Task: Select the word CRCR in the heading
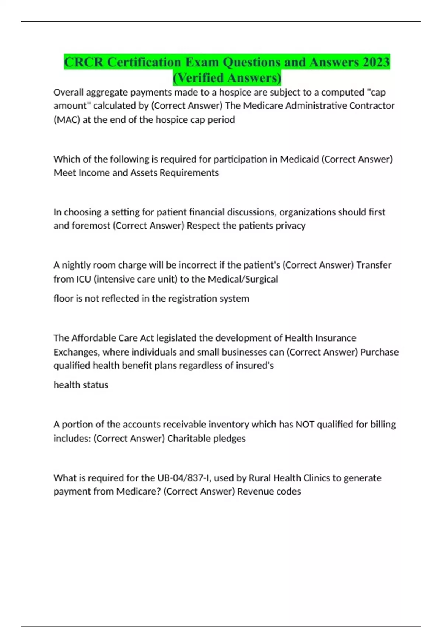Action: pyautogui.click(x=84, y=62)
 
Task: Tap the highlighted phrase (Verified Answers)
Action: pyautogui.click(x=227, y=78)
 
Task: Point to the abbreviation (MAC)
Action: pyautogui.click(x=67, y=120)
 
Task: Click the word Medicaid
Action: pyautogui.click(x=299, y=159)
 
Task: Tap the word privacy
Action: pyautogui.click(x=290, y=226)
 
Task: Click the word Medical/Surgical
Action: pyautogui.click(x=243, y=279)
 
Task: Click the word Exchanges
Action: pyautogui.click(x=76, y=352)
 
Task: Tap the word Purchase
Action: pyautogui.click(x=379, y=352)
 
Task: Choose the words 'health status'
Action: pyautogui.click(x=81, y=385)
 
